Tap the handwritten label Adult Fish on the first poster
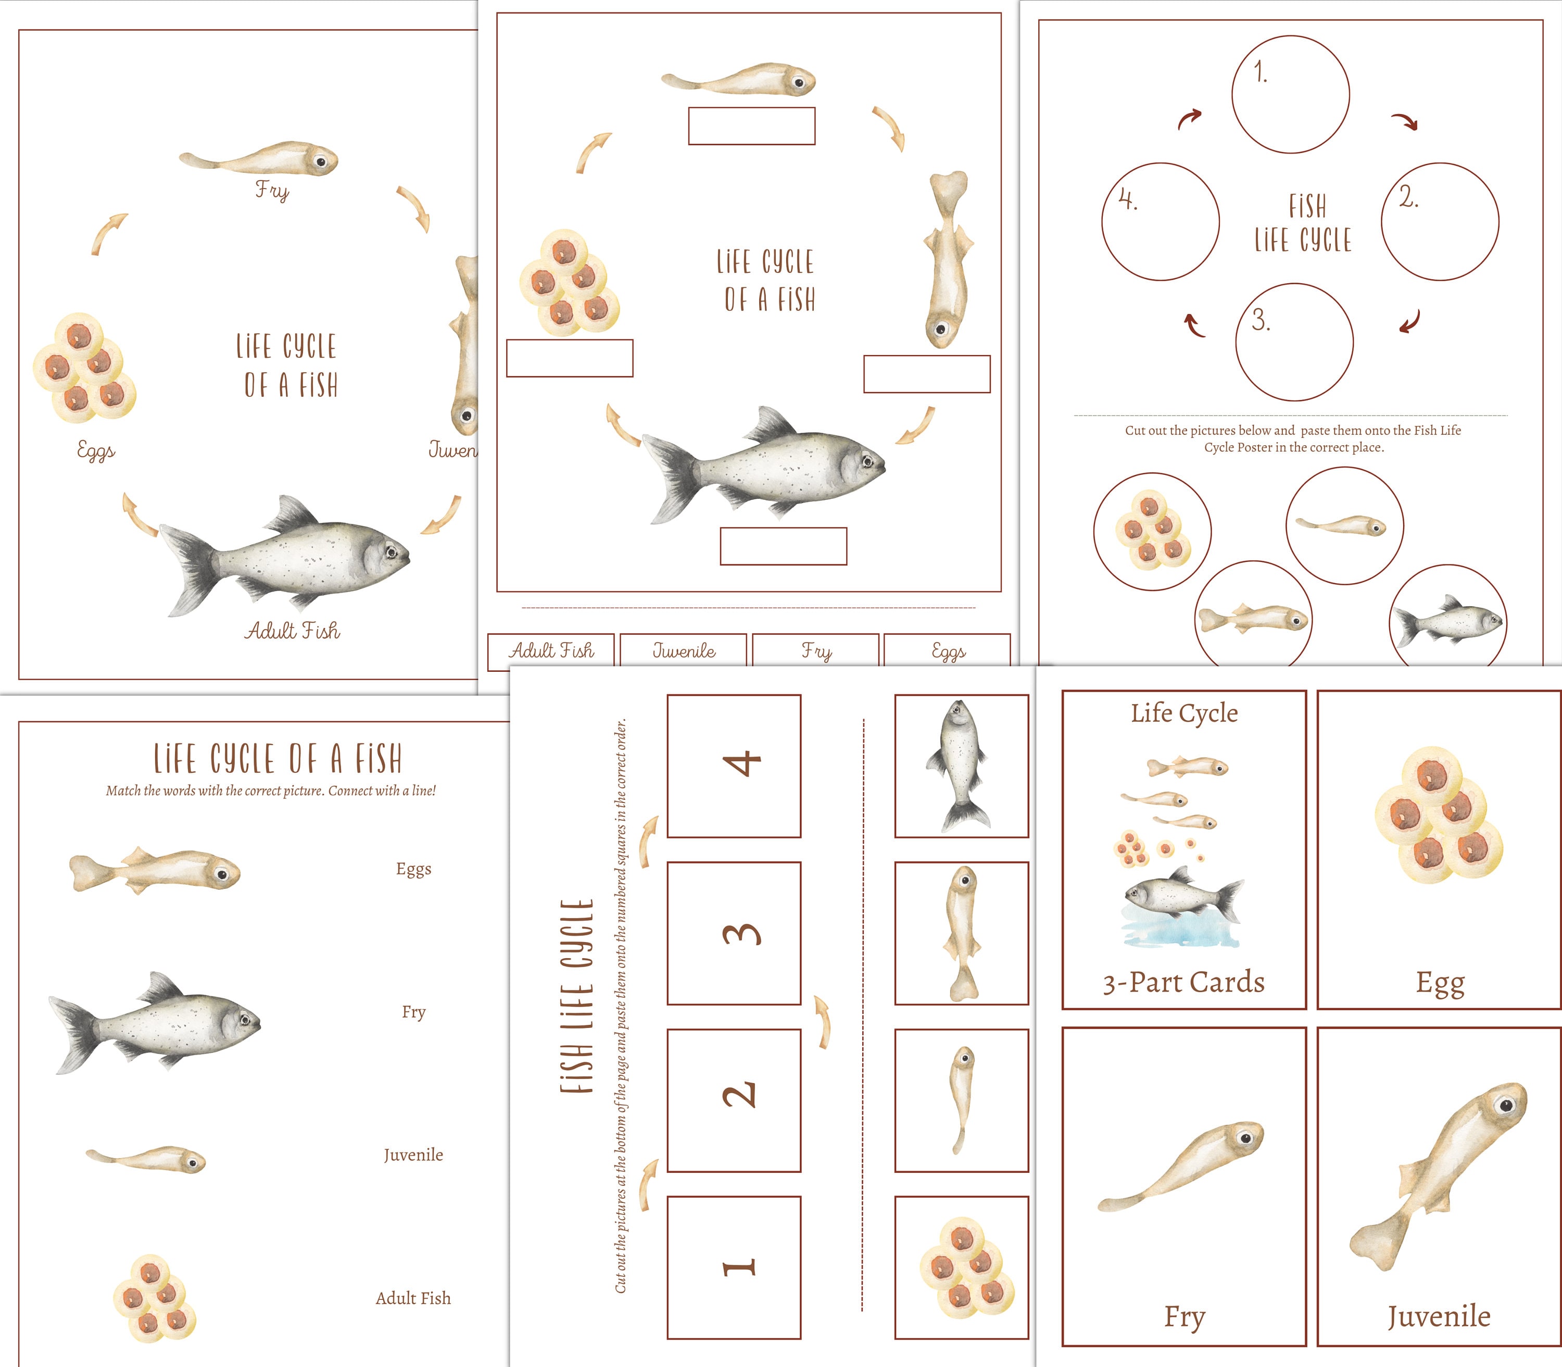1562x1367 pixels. pos(293,631)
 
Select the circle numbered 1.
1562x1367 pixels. pos(1291,95)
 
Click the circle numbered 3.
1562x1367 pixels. pos(1294,342)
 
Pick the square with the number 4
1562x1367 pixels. pos(734,766)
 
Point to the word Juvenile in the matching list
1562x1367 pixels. pos(413,1155)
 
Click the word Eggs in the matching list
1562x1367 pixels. pos(413,869)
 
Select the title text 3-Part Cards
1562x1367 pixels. pos(1183,983)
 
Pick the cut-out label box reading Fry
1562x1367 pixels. pos(816,651)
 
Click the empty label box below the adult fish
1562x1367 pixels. pos(783,546)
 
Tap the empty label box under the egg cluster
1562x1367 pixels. pos(570,358)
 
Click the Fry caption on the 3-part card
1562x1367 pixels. pos(1183,1316)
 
